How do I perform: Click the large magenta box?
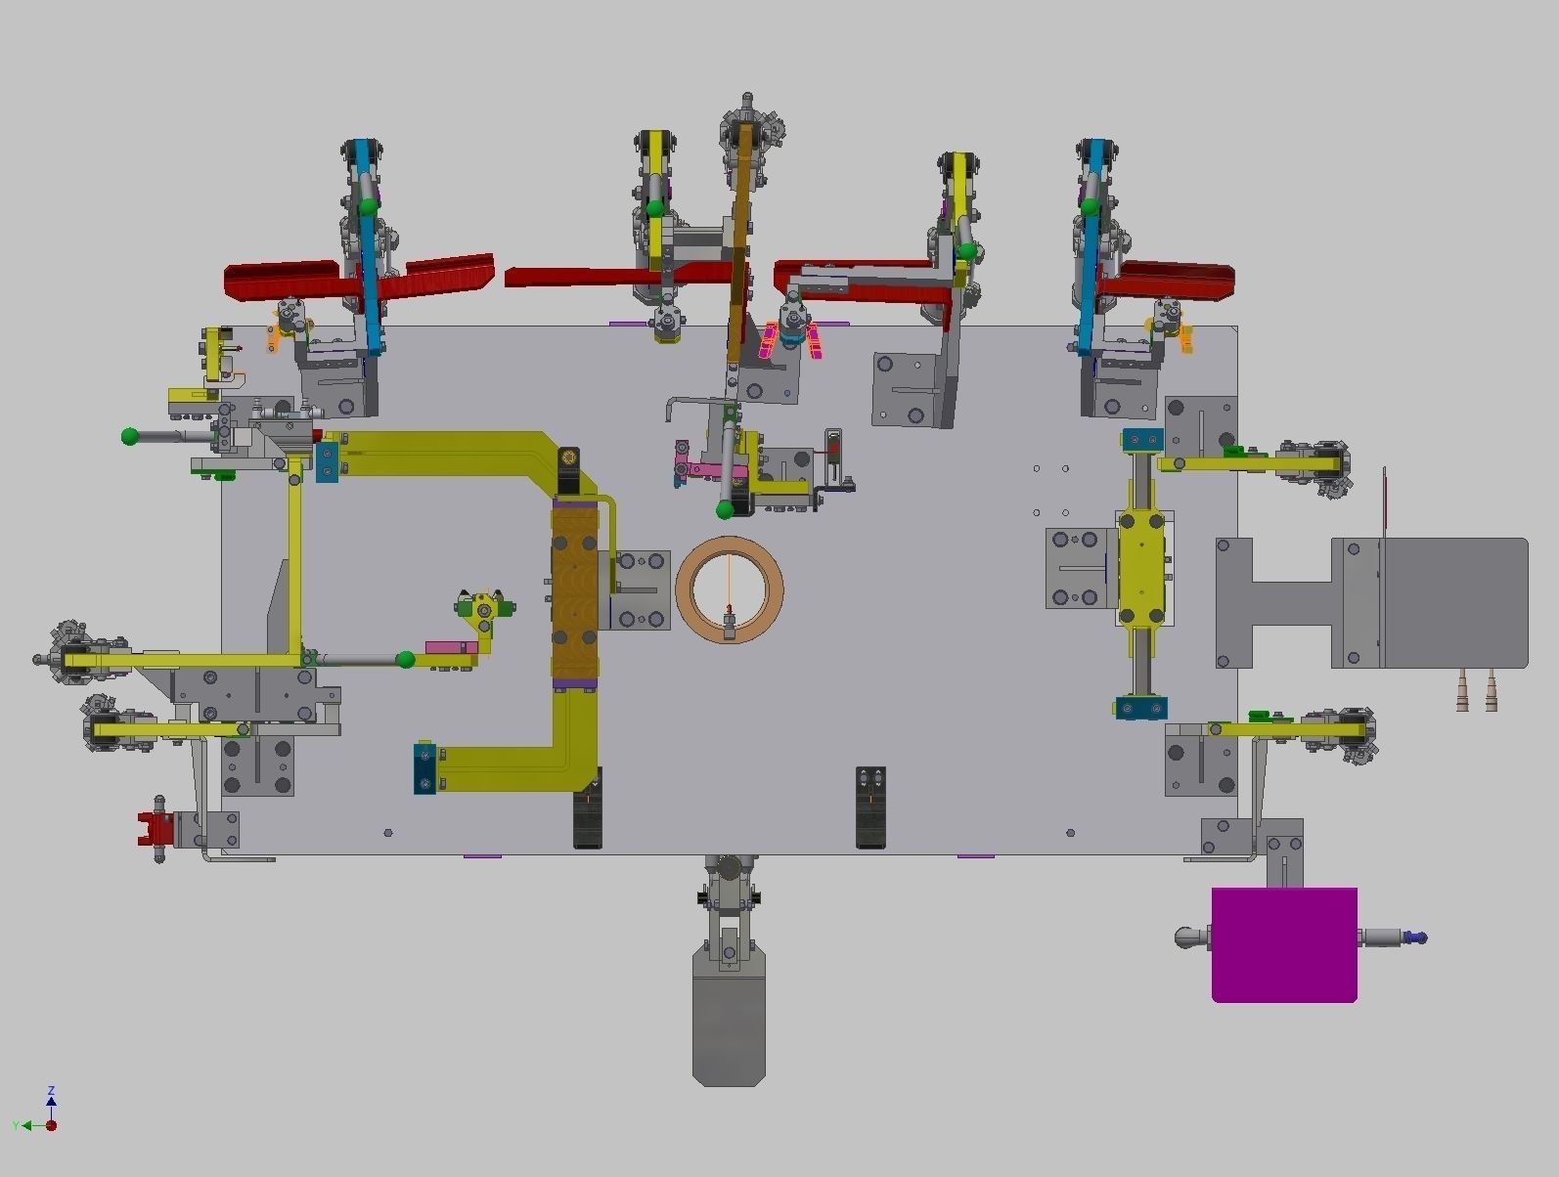[x=1284, y=944]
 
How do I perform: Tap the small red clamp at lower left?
[x=154, y=829]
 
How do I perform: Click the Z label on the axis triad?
[x=51, y=1090]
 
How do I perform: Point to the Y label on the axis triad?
[x=16, y=1126]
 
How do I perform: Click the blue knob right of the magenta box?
[x=1420, y=937]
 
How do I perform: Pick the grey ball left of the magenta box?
[x=1186, y=937]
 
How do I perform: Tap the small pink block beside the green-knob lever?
[x=446, y=647]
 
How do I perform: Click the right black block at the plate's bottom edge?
[x=870, y=806]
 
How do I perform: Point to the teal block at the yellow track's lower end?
[x=424, y=768]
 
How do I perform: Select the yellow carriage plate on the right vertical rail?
[x=1142, y=568]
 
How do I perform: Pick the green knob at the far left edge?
[x=130, y=436]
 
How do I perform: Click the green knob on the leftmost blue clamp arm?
[x=368, y=206]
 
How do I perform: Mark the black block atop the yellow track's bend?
[x=568, y=470]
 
